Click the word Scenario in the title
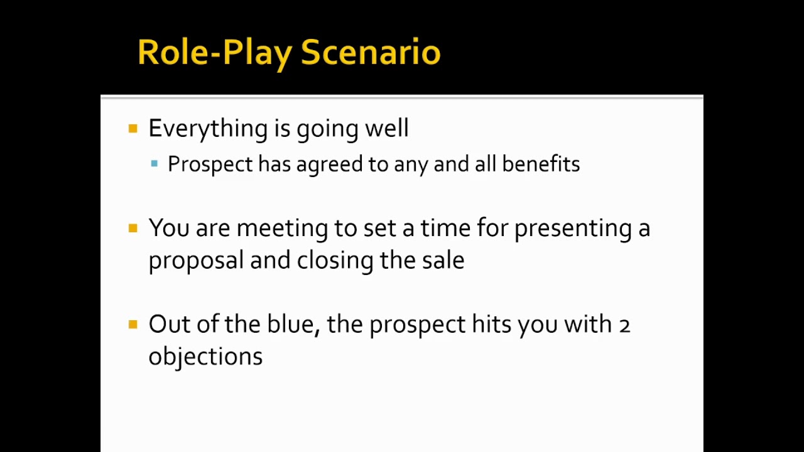pyautogui.click(x=371, y=52)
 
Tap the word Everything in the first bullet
pyautogui.click(x=208, y=129)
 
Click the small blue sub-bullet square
pyautogui.click(x=155, y=164)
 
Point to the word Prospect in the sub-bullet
pyautogui.click(x=210, y=164)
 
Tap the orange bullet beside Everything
pyautogui.click(x=133, y=129)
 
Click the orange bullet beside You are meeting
pyautogui.click(x=133, y=228)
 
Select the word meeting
pyautogui.click(x=281, y=229)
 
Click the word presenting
pyautogui.click(x=573, y=229)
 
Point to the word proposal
pyautogui.click(x=195, y=261)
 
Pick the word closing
pyautogui.click(x=335, y=261)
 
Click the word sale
pyautogui.click(x=443, y=260)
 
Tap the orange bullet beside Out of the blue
pyautogui.click(x=133, y=325)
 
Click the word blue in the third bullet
pyautogui.click(x=293, y=325)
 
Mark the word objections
pyautogui.click(x=205, y=357)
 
